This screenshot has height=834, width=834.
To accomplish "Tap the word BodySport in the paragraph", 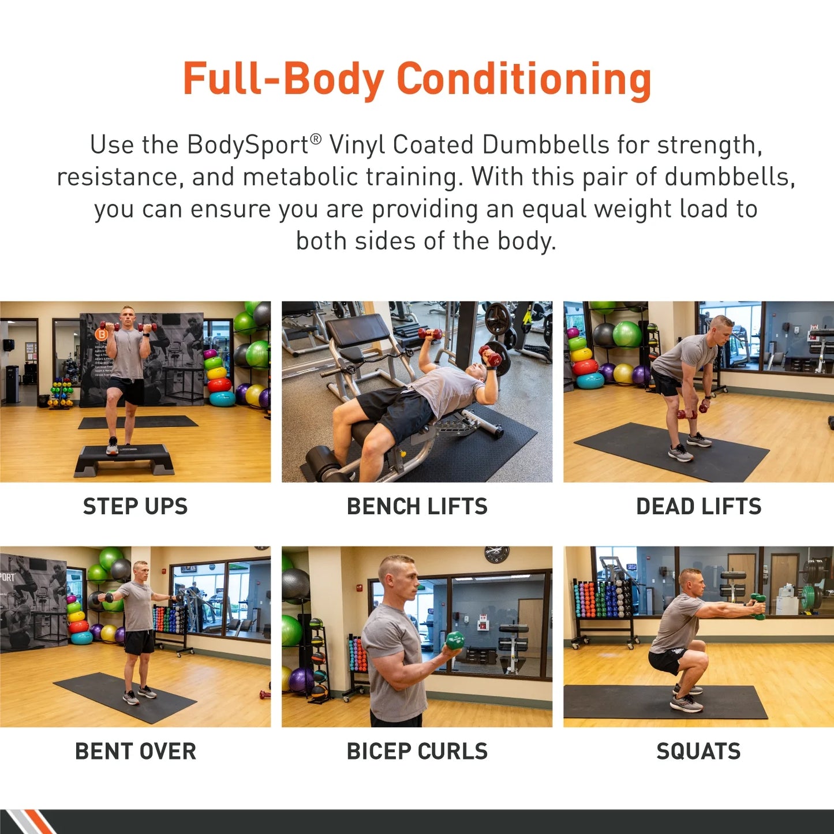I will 248,145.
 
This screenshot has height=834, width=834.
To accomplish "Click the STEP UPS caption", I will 135,506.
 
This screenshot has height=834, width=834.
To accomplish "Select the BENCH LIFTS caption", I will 417,506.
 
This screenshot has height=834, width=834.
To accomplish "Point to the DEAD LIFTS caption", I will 698,506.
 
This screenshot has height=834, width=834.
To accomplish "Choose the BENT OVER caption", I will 135,751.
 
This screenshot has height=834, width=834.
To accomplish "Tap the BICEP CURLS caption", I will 417,751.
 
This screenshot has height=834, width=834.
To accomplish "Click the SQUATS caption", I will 698,751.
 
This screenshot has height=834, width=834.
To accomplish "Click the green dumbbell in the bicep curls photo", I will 455,640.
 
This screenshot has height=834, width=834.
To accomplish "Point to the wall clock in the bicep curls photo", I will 496,554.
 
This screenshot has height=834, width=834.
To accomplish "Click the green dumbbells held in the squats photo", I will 758,607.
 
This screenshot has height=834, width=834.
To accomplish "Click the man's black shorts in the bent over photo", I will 139,642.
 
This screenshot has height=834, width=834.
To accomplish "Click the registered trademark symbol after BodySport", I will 315,139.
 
